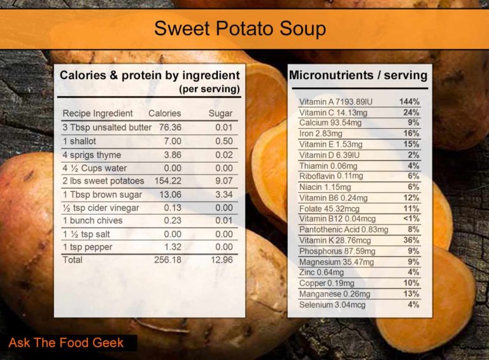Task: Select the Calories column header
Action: point(164,113)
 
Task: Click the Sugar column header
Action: point(220,113)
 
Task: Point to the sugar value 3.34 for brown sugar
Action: point(223,194)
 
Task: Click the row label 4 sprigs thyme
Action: point(92,155)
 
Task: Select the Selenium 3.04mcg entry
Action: point(332,305)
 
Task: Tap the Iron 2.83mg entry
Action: point(321,134)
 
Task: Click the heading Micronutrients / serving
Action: point(358,75)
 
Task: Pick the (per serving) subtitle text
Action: point(209,89)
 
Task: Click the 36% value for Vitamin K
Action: point(411,240)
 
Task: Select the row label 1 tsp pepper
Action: point(87,247)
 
